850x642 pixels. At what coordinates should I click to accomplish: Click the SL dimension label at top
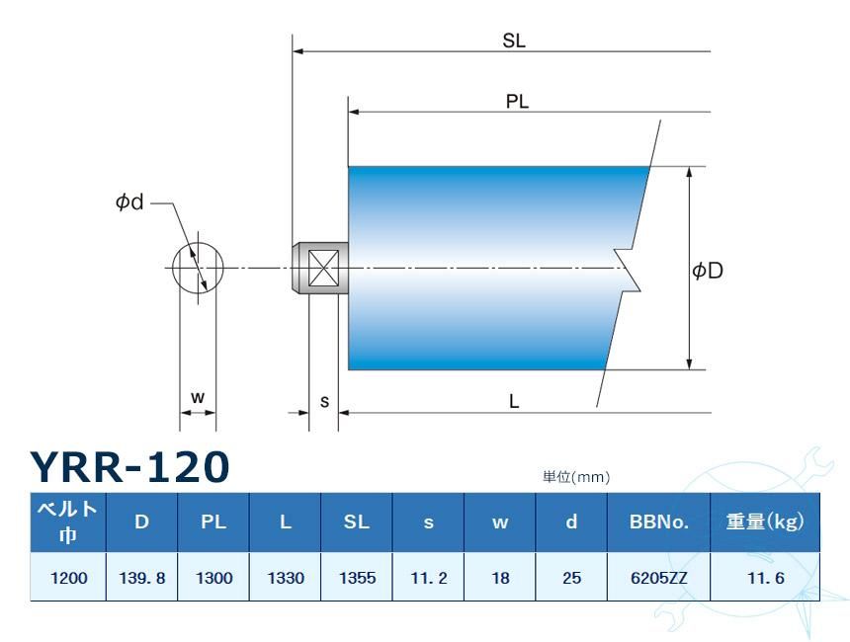tap(514, 40)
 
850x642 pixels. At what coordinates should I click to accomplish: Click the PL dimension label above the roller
tap(518, 103)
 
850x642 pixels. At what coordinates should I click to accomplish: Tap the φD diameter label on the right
tap(708, 270)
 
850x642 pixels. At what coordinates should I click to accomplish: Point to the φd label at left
tap(129, 202)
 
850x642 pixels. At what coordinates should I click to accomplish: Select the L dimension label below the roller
tap(515, 402)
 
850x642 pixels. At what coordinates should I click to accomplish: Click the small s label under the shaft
tap(324, 401)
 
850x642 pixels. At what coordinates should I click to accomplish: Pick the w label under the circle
tap(198, 397)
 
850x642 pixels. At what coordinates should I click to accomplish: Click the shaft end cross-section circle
tap(198, 267)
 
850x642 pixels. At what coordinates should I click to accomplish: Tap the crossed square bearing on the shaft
tap(324, 268)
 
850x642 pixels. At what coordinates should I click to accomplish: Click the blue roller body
tap(484, 268)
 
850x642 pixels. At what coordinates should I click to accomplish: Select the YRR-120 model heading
tap(129, 466)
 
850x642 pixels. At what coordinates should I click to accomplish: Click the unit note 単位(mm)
tap(576, 477)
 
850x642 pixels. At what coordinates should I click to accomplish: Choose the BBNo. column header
tap(657, 522)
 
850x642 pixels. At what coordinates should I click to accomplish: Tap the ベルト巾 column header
tap(67, 522)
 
